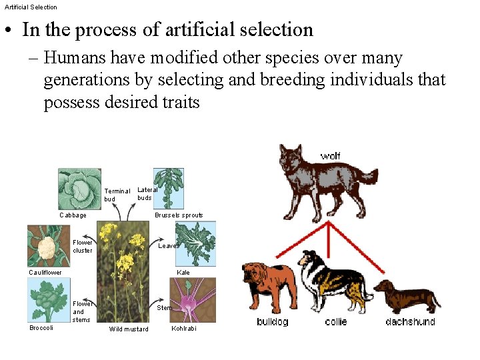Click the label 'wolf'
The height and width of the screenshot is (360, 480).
point(330,156)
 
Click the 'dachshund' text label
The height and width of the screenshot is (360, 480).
point(410,322)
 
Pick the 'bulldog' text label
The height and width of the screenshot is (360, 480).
point(272,322)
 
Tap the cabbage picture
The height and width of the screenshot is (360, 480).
point(79,189)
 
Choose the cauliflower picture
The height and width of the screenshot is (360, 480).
point(48,245)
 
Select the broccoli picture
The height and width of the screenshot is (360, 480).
point(48,300)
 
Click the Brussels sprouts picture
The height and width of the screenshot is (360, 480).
point(169,189)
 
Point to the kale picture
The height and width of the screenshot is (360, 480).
point(193,244)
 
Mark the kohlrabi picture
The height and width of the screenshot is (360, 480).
point(193,300)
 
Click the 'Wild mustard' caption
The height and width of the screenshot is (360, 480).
point(129,329)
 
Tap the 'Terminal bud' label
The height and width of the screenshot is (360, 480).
point(117,195)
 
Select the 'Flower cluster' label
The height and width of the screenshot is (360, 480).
point(83,247)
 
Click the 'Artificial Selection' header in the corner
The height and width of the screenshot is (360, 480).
point(31,7)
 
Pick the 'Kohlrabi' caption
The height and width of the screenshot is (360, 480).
point(183,329)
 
